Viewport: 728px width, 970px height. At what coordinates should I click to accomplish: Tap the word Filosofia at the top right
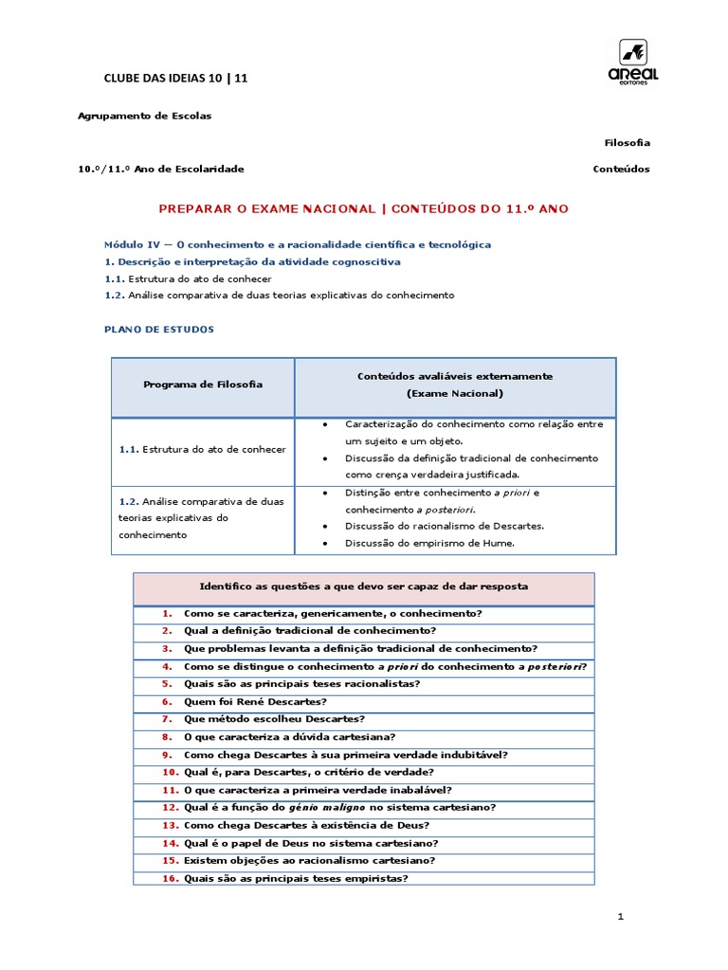pyautogui.click(x=628, y=142)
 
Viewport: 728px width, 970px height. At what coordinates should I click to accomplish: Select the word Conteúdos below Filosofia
pyautogui.click(x=621, y=169)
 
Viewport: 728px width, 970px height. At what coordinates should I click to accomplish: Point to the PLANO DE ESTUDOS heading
pyautogui.click(x=158, y=330)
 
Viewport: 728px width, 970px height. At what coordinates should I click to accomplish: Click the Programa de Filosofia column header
pyautogui.click(x=203, y=385)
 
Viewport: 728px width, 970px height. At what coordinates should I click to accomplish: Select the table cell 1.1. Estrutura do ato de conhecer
pyautogui.click(x=203, y=449)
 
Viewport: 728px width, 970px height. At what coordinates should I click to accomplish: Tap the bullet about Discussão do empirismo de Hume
pyautogui.click(x=417, y=543)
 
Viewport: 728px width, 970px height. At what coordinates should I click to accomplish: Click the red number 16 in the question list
pyautogui.click(x=170, y=878)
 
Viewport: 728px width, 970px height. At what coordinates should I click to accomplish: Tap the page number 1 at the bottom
pyautogui.click(x=619, y=917)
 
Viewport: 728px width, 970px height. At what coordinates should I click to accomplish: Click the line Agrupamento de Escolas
pyautogui.click(x=144, y=116)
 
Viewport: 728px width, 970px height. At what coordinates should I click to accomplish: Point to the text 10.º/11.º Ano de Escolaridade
pyautogui.click(x=160, y=169)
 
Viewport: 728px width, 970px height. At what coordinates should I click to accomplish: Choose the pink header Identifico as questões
pyautogui.click(x=364, y=587)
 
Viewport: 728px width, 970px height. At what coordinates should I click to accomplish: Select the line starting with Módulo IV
pyautogui.click(x=297, y=244)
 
